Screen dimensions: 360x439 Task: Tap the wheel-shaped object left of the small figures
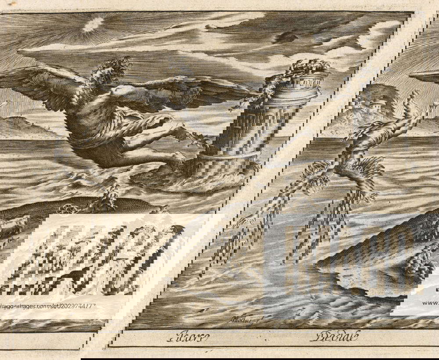68,210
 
